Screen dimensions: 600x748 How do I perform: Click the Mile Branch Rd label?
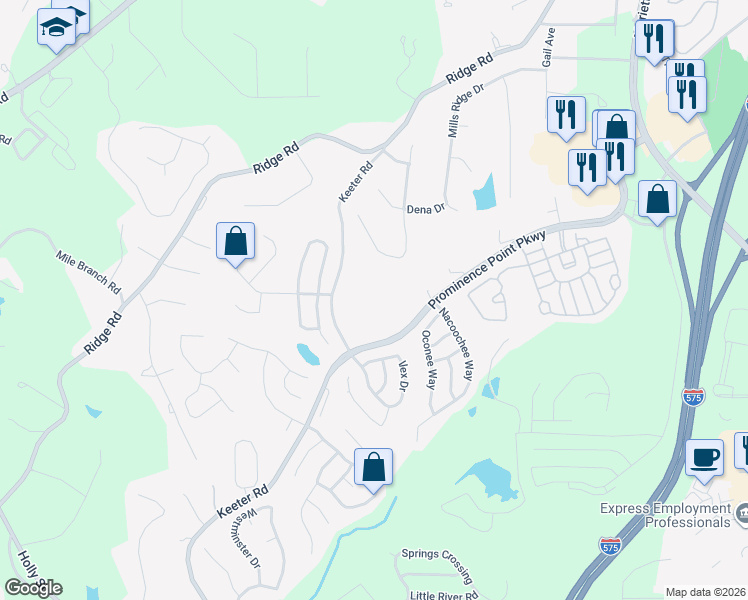pyautogui.click(x=88, y=271)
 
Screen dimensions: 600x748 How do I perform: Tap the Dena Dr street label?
pyautogui.click(x=424, y=209)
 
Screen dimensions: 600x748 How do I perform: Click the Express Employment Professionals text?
pyautogui.click(x=665, y=515)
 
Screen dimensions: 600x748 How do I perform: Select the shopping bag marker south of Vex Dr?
pyautogui.click(x=373, y=467)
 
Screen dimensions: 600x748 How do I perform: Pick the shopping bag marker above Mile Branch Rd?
pyautogui.click(x=235, y=241)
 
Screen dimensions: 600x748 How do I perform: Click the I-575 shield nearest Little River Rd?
pyautogui.click(x=610, y=545)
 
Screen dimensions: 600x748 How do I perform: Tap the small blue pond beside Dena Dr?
pyautogui.click(x=485, y=192)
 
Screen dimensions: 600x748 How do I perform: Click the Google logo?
pyautogui.click(x=32, y=587)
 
